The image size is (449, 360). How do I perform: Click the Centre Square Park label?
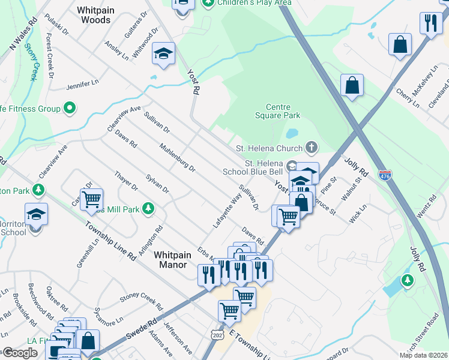pyautogui.click(x=277, y=111)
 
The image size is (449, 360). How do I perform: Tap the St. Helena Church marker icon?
pyautogui.click(x=311, y=147)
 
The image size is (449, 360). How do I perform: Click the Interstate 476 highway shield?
pyautogui.click(x=385, y=175)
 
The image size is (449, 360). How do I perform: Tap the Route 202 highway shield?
pyautogui.click(x=217, y=333)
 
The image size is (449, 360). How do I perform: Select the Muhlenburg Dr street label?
pyautogui.click(x=178, y=158)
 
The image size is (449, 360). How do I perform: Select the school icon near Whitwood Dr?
pyautogui.click(x=163, y=54)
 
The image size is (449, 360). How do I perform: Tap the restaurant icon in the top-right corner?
pyautogui.click(x=430, y=23)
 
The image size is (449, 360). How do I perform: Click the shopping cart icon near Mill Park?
pyautogui.click(x=91, y=199)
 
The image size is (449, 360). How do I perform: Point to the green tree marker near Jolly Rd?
pyautogui.click(x=408, y=280)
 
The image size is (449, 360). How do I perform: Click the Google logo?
pyautogui.click(x=20, y=353)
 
